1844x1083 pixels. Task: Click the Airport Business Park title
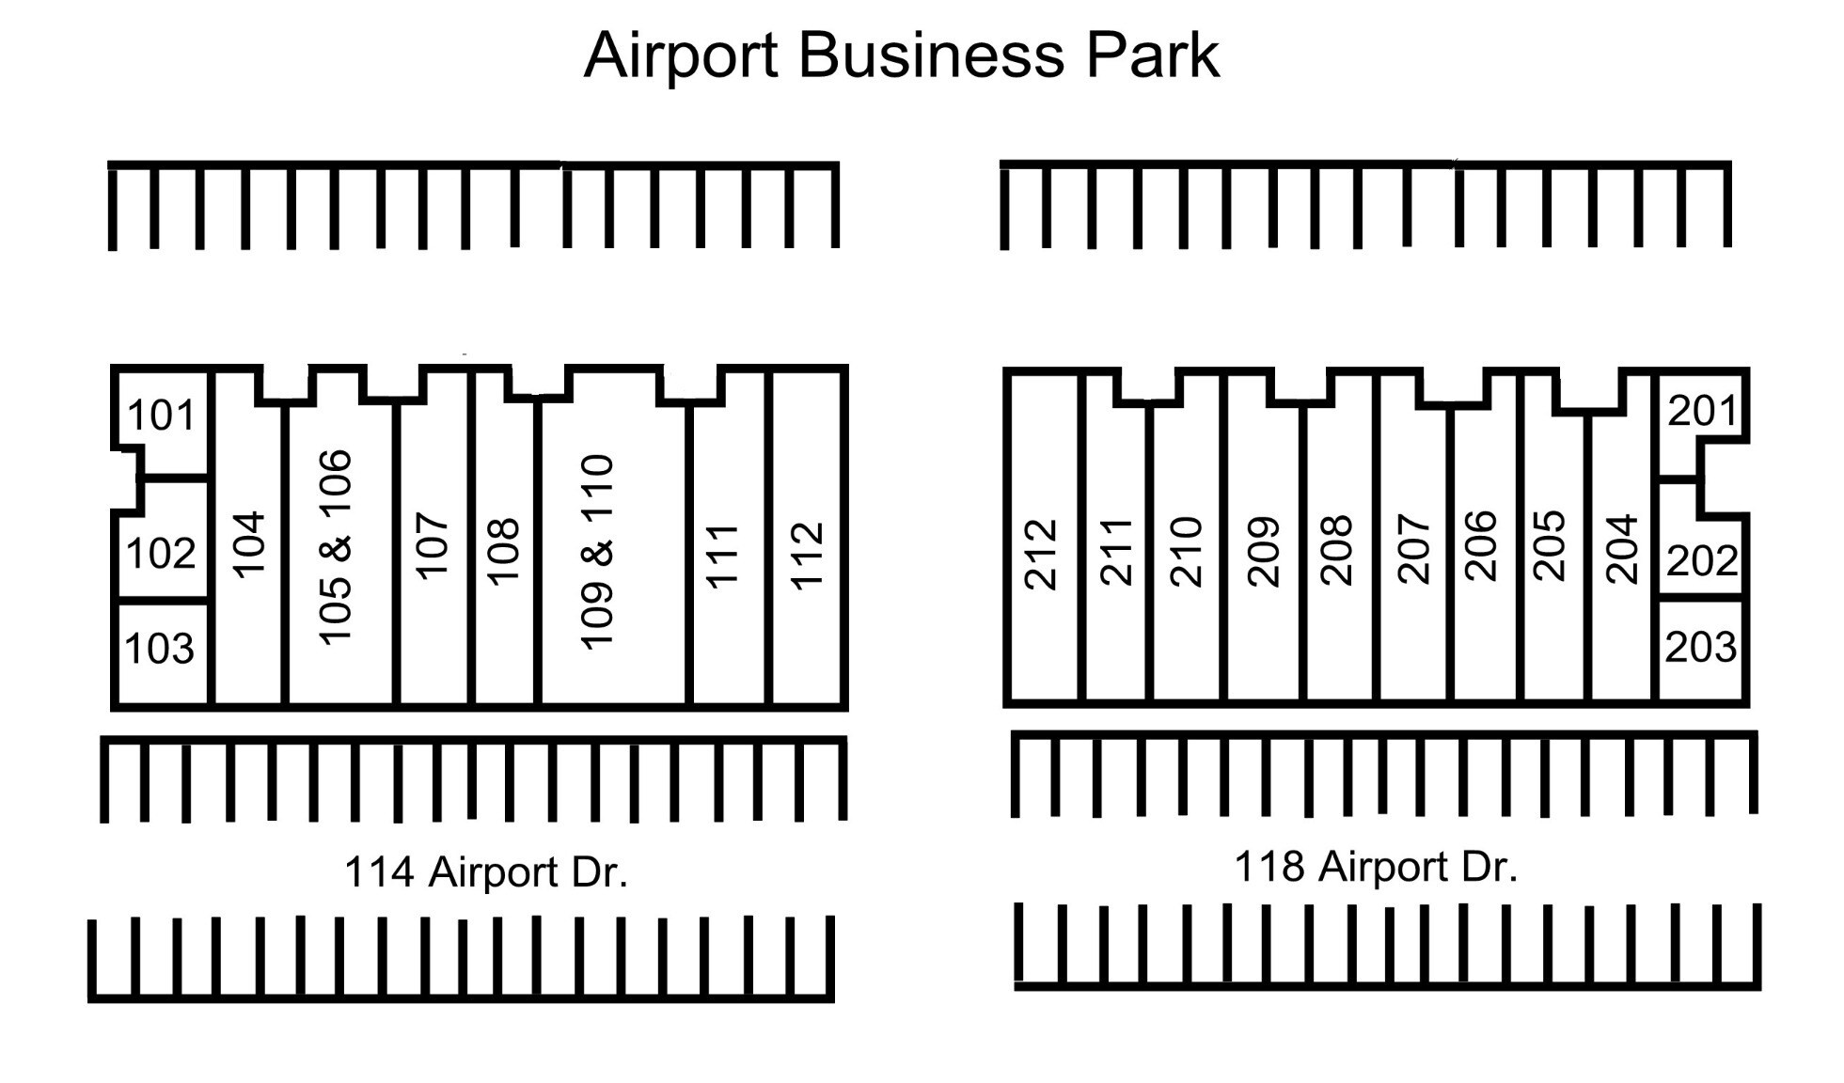coord(901,55)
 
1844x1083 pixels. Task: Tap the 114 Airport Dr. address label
coord(485,872)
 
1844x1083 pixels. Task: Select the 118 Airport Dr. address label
coord(1375,867)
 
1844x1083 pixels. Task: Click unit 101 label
coord(161,415)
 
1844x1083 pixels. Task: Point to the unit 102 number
coord(161,553)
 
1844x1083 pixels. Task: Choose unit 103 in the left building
coord(159,648)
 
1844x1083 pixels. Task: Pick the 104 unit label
coord(249,544)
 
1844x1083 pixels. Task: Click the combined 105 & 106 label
coord(335,547)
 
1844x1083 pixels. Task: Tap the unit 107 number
coord(433,546)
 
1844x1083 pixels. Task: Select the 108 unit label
coord(503,551)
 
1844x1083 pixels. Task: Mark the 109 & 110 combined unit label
coord(597,552)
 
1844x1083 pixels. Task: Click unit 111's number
coord(723,557)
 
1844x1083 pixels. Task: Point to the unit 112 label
coord(807,557)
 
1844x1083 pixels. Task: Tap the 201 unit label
coord(1703,410)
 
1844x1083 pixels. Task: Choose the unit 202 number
coord(1702,561)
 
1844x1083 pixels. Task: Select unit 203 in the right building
coord(1700,647)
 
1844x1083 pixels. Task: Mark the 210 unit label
coord(1187,552)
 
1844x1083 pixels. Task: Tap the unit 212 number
coord(1041,555)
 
